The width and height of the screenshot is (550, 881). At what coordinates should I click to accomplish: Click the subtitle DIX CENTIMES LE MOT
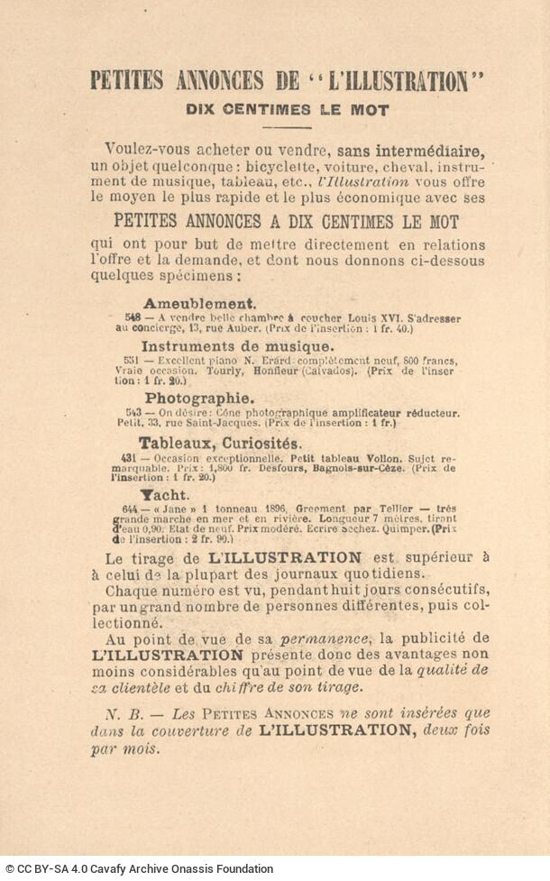click(287, 111)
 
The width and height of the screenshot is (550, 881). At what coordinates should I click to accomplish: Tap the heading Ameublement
click(199, 304)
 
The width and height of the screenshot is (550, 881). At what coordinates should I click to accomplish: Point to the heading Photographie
click(198, 398)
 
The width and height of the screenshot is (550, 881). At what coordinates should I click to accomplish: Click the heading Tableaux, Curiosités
click(220, 443)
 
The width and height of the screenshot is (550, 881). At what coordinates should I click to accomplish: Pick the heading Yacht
click(164, 495)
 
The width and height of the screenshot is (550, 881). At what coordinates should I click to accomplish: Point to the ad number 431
click(126, 457)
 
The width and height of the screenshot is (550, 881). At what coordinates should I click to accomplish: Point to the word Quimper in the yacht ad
click(407, 529)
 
